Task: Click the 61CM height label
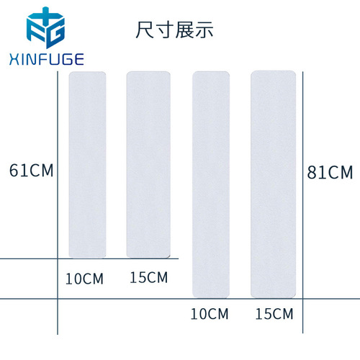tap(31, 171)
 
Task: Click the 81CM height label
tap(330, 172)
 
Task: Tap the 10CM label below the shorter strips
tap(84, 279)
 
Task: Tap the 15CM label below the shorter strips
tap(148, 277)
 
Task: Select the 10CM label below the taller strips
tap(210, 314)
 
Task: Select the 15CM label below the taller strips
tap(274, 314)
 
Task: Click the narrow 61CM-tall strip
tap(87, 165)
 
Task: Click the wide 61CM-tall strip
tap(148, 165)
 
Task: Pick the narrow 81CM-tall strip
tap(211, 184)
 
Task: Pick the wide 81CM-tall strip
tap(274, 184)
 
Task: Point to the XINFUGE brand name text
tap(47, 59)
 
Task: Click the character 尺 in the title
tap(145, 30)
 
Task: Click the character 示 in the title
tap(204, 30)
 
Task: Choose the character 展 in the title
tap(184, 30)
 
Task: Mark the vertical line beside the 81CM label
tap(302, 202)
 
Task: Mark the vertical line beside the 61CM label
tap(58, 203)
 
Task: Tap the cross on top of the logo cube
tap(45, 14)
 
